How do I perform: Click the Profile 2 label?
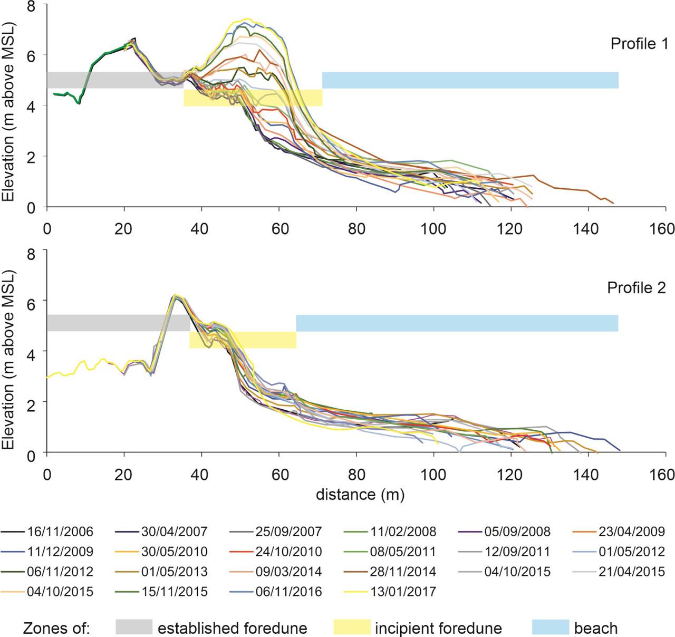click(x=637, y=288)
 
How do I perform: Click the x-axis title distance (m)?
click(x=360, y=495)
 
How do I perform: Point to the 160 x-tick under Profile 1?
click(x=663, y=228)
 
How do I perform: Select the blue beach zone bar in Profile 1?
click(x=470, y=80)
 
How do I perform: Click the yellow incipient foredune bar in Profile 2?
click(x=243, y=340)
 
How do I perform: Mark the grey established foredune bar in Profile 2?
click(x=118, y=323)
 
